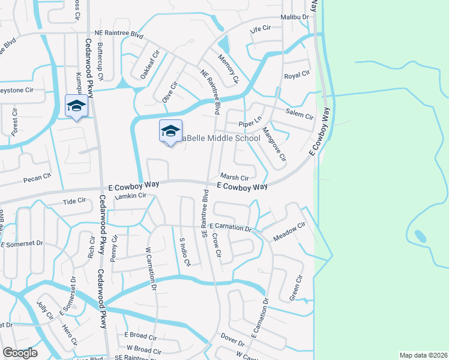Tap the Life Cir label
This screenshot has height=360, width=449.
(261, 29)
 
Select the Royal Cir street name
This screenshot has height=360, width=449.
(297, 76)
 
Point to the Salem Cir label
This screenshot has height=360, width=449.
(300, 115)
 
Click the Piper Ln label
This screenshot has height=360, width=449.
(250, 122)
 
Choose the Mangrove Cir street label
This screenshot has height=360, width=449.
(274, 146)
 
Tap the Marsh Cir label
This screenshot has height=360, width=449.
(234, 178)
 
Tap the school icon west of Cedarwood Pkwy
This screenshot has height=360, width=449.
(76, 107)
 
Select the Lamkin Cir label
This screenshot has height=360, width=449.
(132, 196)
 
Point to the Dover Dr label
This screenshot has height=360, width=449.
(232, 340)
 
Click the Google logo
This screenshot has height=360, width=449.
(20, 353)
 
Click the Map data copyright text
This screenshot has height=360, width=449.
(423, 355)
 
